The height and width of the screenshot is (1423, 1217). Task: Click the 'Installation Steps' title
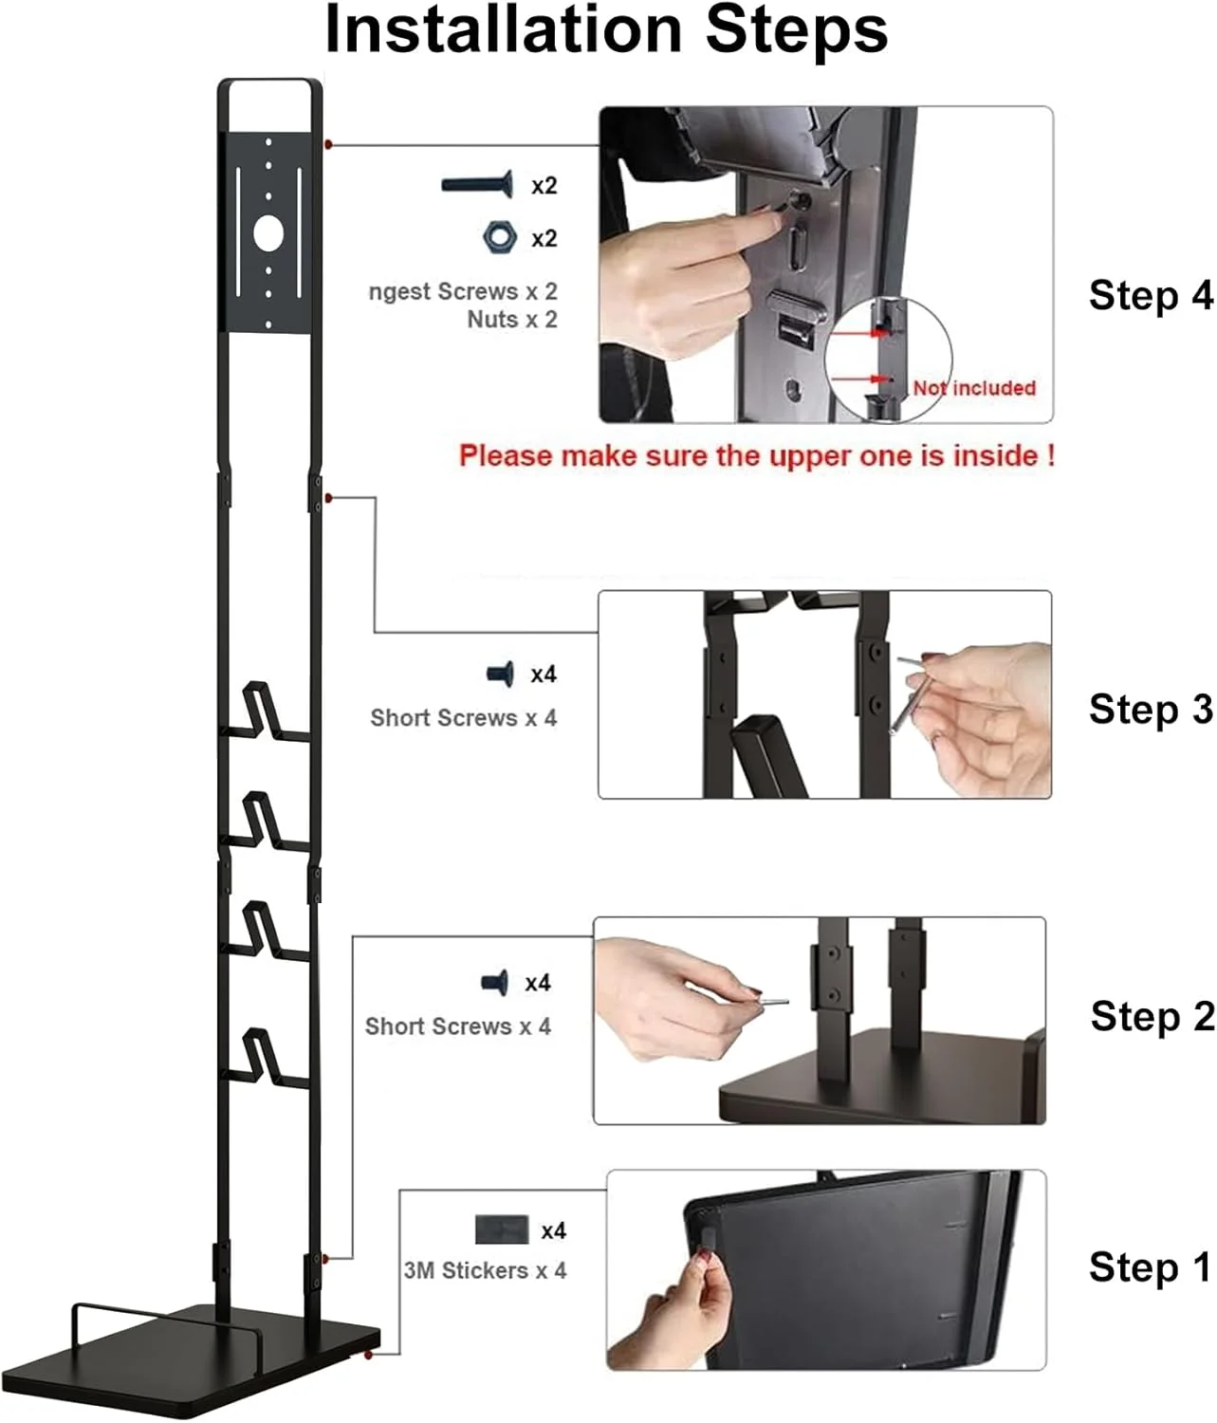tap(606, 31)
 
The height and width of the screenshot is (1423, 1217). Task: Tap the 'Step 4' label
tap(1151, 296)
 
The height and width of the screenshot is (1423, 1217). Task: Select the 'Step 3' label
tap(1151, 709)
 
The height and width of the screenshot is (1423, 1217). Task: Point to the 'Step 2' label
tap(1152, 1016)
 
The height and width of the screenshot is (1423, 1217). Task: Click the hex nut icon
tap(500, 237)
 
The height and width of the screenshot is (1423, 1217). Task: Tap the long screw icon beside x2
tap(477, 184)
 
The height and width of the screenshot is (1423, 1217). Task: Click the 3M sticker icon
tap(502, 1229)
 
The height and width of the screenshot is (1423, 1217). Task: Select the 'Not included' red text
tap(974, 388)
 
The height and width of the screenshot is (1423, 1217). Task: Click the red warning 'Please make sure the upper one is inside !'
tap(757, 455)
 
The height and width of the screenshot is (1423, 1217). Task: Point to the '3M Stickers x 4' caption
tap(486, 1270)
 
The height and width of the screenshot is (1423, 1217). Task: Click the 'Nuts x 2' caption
tap(512, 320)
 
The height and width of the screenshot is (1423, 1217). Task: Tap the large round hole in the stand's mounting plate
tap(268, 233)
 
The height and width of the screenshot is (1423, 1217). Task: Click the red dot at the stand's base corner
tap(369, 1355)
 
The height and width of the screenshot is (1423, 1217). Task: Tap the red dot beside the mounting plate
tap(329, 144)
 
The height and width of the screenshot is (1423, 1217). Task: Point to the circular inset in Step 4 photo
tap(889, 360)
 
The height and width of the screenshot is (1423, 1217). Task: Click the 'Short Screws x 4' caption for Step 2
tap(458, 1026)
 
